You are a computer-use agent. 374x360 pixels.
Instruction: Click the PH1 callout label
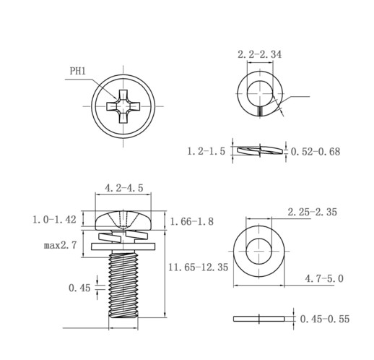77,71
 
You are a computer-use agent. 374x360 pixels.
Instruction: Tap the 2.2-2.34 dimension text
259,54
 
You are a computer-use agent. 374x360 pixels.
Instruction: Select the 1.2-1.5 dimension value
206,151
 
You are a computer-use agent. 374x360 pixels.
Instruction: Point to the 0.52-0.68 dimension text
316,152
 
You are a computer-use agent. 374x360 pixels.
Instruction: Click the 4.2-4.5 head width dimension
124,188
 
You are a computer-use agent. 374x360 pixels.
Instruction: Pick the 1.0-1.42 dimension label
54,220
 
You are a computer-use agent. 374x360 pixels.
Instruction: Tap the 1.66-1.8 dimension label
192,221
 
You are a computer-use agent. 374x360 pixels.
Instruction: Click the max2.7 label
60,245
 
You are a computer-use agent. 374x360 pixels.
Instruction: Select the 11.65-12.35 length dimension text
198,267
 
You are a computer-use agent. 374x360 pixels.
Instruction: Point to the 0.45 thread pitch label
79,288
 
